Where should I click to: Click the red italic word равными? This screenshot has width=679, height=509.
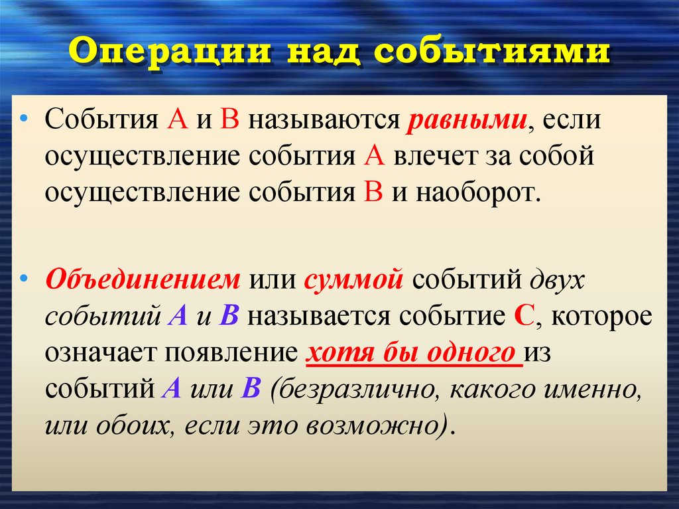click(x=467, y=123)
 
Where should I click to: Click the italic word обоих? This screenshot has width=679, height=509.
click(x=129, y=424)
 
